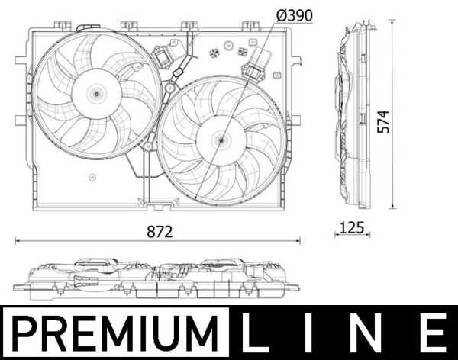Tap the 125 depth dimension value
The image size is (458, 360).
(x=351, y=227)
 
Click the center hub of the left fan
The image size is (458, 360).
(x=96, y=93)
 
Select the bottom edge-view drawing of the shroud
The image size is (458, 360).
(x=156, y=279)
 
